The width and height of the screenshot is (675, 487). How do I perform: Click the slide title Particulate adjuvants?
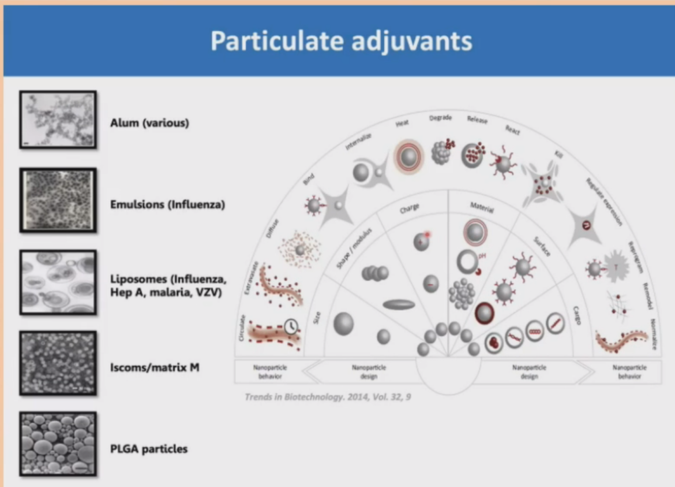(341, 40)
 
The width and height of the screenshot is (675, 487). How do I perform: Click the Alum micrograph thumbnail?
(58, 120)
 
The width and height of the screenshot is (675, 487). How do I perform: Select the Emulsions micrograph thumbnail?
(58, 200)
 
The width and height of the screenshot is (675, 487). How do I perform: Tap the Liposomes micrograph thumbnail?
(58, 282)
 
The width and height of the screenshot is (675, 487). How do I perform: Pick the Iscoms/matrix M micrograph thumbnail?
(58, 363)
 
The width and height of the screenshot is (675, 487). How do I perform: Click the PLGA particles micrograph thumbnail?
(58, 444)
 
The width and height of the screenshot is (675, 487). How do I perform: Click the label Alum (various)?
(149, 123)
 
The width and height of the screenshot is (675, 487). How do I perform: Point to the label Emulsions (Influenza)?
(167, 205)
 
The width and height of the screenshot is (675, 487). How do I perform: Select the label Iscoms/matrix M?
(155, 366)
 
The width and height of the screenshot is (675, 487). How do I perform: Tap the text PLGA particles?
(149, 448)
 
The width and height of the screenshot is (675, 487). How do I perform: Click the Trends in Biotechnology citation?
(328, 397)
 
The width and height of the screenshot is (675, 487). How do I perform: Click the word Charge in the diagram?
(410, 207)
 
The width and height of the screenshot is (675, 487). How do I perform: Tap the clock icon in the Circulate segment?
(292, 326)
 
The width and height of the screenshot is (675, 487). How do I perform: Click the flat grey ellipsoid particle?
(399, 304)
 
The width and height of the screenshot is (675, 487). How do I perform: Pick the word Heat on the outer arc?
(402, 122)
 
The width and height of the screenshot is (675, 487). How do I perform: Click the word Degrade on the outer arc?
(440, 118)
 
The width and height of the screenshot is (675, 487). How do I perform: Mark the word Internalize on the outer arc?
(358, 142)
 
